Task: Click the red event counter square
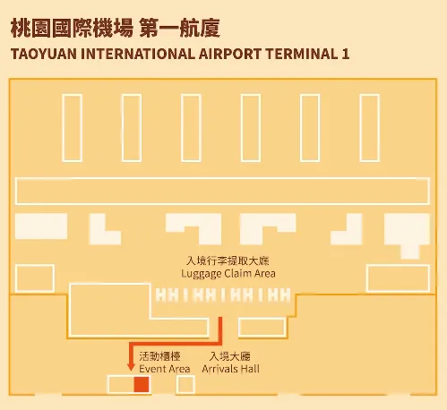(142, 384)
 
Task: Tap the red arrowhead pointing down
(131, 367)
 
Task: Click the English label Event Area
(165, 369)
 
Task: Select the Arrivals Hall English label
(230, 369)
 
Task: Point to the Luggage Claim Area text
(228, 274)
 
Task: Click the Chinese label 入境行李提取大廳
(228, 261)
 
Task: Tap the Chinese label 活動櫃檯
(159, 356)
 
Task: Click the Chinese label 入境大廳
(230, 356)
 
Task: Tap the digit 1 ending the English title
(346, 54)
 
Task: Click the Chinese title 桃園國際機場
(72, 29)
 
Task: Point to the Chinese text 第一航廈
(180, 29)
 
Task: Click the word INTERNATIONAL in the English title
(138, 54)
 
